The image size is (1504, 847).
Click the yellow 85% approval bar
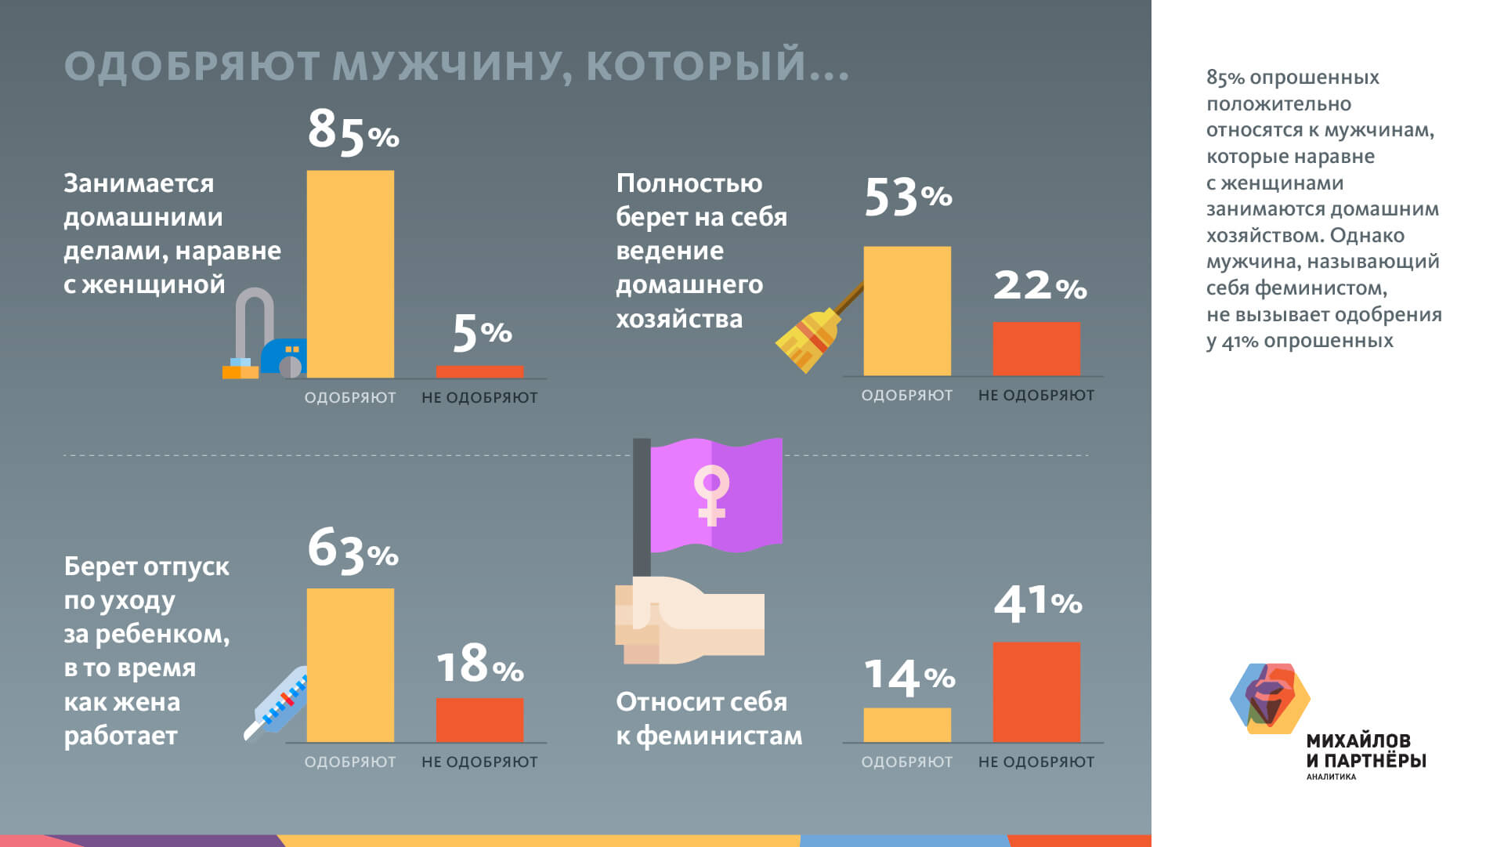(x=350, y=274)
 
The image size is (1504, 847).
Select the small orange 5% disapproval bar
(x=479, y=371)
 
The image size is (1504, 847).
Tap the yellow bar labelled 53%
(x=907, y=311)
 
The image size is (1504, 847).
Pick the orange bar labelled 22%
(x=1036, y=349)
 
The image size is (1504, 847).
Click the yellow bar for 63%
(x=350, y=665)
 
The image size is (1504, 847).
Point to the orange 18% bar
(x=479, y=720)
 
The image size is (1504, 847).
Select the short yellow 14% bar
(x=907, y=725)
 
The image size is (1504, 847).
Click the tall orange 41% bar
(x=1036, y=692)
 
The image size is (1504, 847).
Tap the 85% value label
(x=352, y=131)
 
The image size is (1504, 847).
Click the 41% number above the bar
(x=1037, y=603)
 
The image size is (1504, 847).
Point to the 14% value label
(x=909, y=677)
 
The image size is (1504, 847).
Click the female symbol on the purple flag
(x=711, y=494)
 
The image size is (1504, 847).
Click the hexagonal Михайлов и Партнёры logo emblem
(x=1269, y=698)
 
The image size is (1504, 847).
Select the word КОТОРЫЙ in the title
(x=696, y=66)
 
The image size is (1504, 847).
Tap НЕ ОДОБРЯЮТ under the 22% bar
(x=1036, y=396)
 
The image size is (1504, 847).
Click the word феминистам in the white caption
(x=719, y=736)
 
